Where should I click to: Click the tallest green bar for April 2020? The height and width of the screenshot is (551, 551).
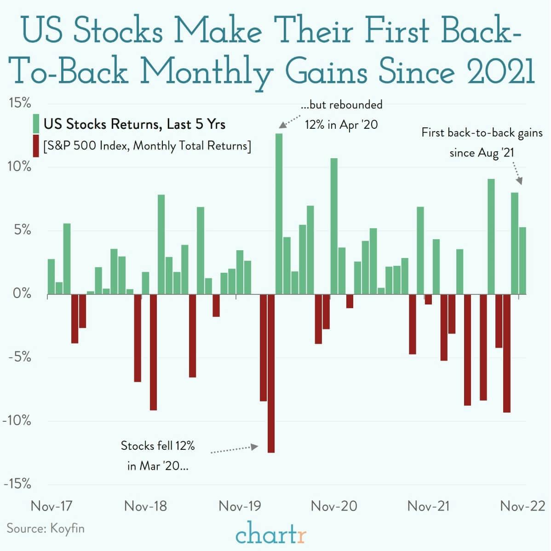click(279, 214)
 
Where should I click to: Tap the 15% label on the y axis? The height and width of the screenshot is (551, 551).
click(20, 103)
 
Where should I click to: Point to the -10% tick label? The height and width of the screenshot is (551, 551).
click(17, 420)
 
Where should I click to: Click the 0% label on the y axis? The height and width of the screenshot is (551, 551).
click(22, 293)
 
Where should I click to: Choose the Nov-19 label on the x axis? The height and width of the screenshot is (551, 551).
click(240, 506)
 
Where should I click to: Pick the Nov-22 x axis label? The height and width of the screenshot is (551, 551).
click(522, 506)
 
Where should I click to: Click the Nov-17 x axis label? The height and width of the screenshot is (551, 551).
click(51, 506)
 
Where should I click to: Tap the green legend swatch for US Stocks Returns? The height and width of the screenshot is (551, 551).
click(36, 124)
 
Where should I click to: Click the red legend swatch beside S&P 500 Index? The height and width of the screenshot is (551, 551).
click(36, 146)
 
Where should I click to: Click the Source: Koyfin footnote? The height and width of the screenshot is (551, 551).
click(46, 528)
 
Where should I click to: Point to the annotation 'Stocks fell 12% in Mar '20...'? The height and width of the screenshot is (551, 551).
click(158, 455)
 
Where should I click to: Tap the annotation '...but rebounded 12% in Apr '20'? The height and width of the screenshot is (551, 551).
click(341, 115)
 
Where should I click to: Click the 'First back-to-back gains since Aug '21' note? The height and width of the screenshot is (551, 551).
click(482, 143)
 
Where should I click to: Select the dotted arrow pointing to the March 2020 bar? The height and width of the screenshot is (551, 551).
click(234, 449)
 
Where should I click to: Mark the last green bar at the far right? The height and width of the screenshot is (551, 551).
click(522, 260)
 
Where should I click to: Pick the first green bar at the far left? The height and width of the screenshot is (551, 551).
click(51, 276)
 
